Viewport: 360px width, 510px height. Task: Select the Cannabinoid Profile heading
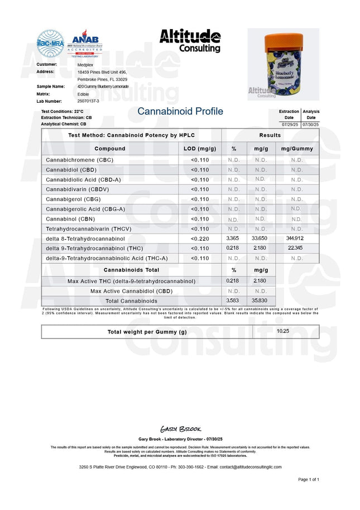pos(180,112)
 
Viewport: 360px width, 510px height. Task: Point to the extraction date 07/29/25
pos(289,124)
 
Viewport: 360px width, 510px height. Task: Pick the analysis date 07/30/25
pos(311,124)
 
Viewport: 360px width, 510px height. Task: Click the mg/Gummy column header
pos(296,149)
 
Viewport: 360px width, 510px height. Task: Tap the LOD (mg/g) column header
pos(199,149)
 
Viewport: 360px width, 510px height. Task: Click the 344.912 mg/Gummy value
pos(296,239)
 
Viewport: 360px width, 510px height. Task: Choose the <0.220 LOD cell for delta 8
pos(199,239)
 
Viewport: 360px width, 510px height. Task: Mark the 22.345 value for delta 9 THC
pos(296,248)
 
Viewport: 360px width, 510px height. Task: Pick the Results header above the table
pos(270,136)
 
